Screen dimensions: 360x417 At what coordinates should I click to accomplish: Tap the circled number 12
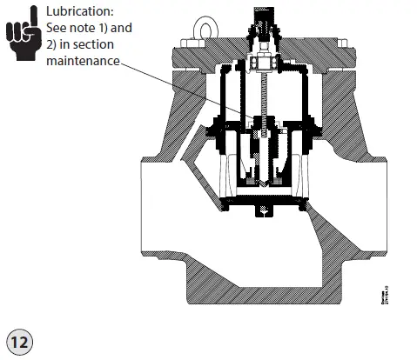[18, 341]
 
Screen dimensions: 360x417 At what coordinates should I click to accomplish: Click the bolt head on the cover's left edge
[187, 42]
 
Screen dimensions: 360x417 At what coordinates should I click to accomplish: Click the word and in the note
[124, 28]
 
